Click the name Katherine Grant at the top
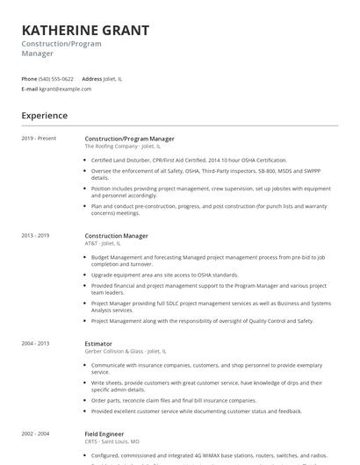coord(85,30)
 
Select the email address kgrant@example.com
coord(65,89)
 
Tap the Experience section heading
coord(44,116)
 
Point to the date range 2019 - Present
coord(39,139)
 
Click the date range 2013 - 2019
coord(36,236)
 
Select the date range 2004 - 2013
coord(36,344)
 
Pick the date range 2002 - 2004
coord(36,434)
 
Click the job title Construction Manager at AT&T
coord(116,236)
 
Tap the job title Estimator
coord(98,344)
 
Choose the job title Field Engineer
coord(104,434)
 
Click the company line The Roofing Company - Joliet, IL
coord(123,147)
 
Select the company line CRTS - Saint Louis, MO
coord(112,441)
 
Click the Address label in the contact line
coord(91,79)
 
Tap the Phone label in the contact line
coord(29,79)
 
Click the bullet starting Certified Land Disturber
coord(189,161)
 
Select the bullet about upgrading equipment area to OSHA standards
coord(164,275)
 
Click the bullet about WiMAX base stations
coord(209,455)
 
